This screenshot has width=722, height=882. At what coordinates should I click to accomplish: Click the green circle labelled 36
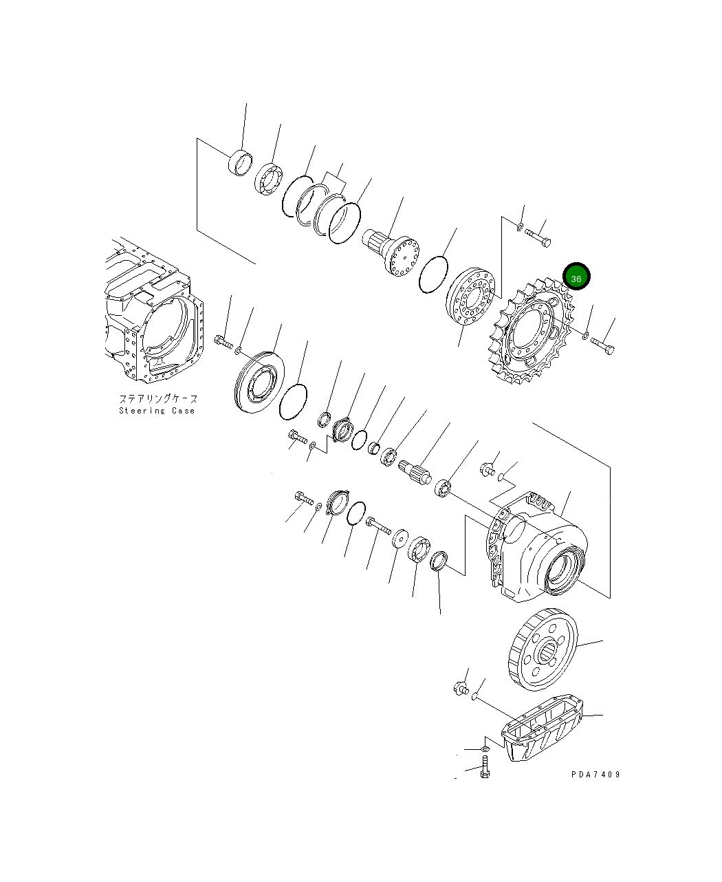pos(576,277)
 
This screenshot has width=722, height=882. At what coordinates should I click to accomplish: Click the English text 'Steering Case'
pos(157,411)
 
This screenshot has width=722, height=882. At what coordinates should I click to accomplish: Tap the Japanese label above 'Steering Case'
pos(158,398)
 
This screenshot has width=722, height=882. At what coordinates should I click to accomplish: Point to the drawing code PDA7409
pos(595,774)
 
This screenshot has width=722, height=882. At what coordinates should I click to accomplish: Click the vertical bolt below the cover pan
pos(485,767)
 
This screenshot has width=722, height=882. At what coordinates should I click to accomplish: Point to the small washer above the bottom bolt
pos(484,749)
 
